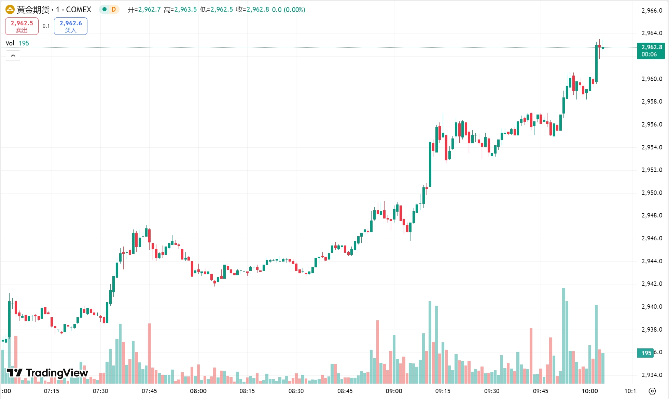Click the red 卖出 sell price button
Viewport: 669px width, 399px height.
point(22,26)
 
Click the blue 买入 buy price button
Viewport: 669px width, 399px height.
point(71,26)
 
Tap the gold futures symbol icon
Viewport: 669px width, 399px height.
point(10,10)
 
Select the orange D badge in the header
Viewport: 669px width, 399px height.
point(114,10)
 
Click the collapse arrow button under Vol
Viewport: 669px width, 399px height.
point(13,55)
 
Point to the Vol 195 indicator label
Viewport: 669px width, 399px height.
point(17,43)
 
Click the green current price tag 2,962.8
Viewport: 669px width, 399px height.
point(651,51)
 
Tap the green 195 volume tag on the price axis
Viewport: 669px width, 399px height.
point(645,353)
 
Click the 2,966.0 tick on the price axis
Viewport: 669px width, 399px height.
point(652,11)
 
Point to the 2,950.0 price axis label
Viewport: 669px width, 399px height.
point(652,193)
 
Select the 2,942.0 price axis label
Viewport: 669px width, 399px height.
point(652,284)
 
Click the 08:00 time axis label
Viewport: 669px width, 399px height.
point(198,391)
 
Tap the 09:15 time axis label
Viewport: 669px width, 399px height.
point(443,391)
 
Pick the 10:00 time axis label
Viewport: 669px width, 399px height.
point(589,391)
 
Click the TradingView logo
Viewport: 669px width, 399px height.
point(48,373)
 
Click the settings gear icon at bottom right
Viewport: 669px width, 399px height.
point(652,391)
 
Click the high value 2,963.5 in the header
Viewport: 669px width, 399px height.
point(185,10)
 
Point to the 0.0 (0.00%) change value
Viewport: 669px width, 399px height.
point(288,10)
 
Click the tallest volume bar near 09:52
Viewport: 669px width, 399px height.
point(563,335)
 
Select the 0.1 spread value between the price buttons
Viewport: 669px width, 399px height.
point(46,26)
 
